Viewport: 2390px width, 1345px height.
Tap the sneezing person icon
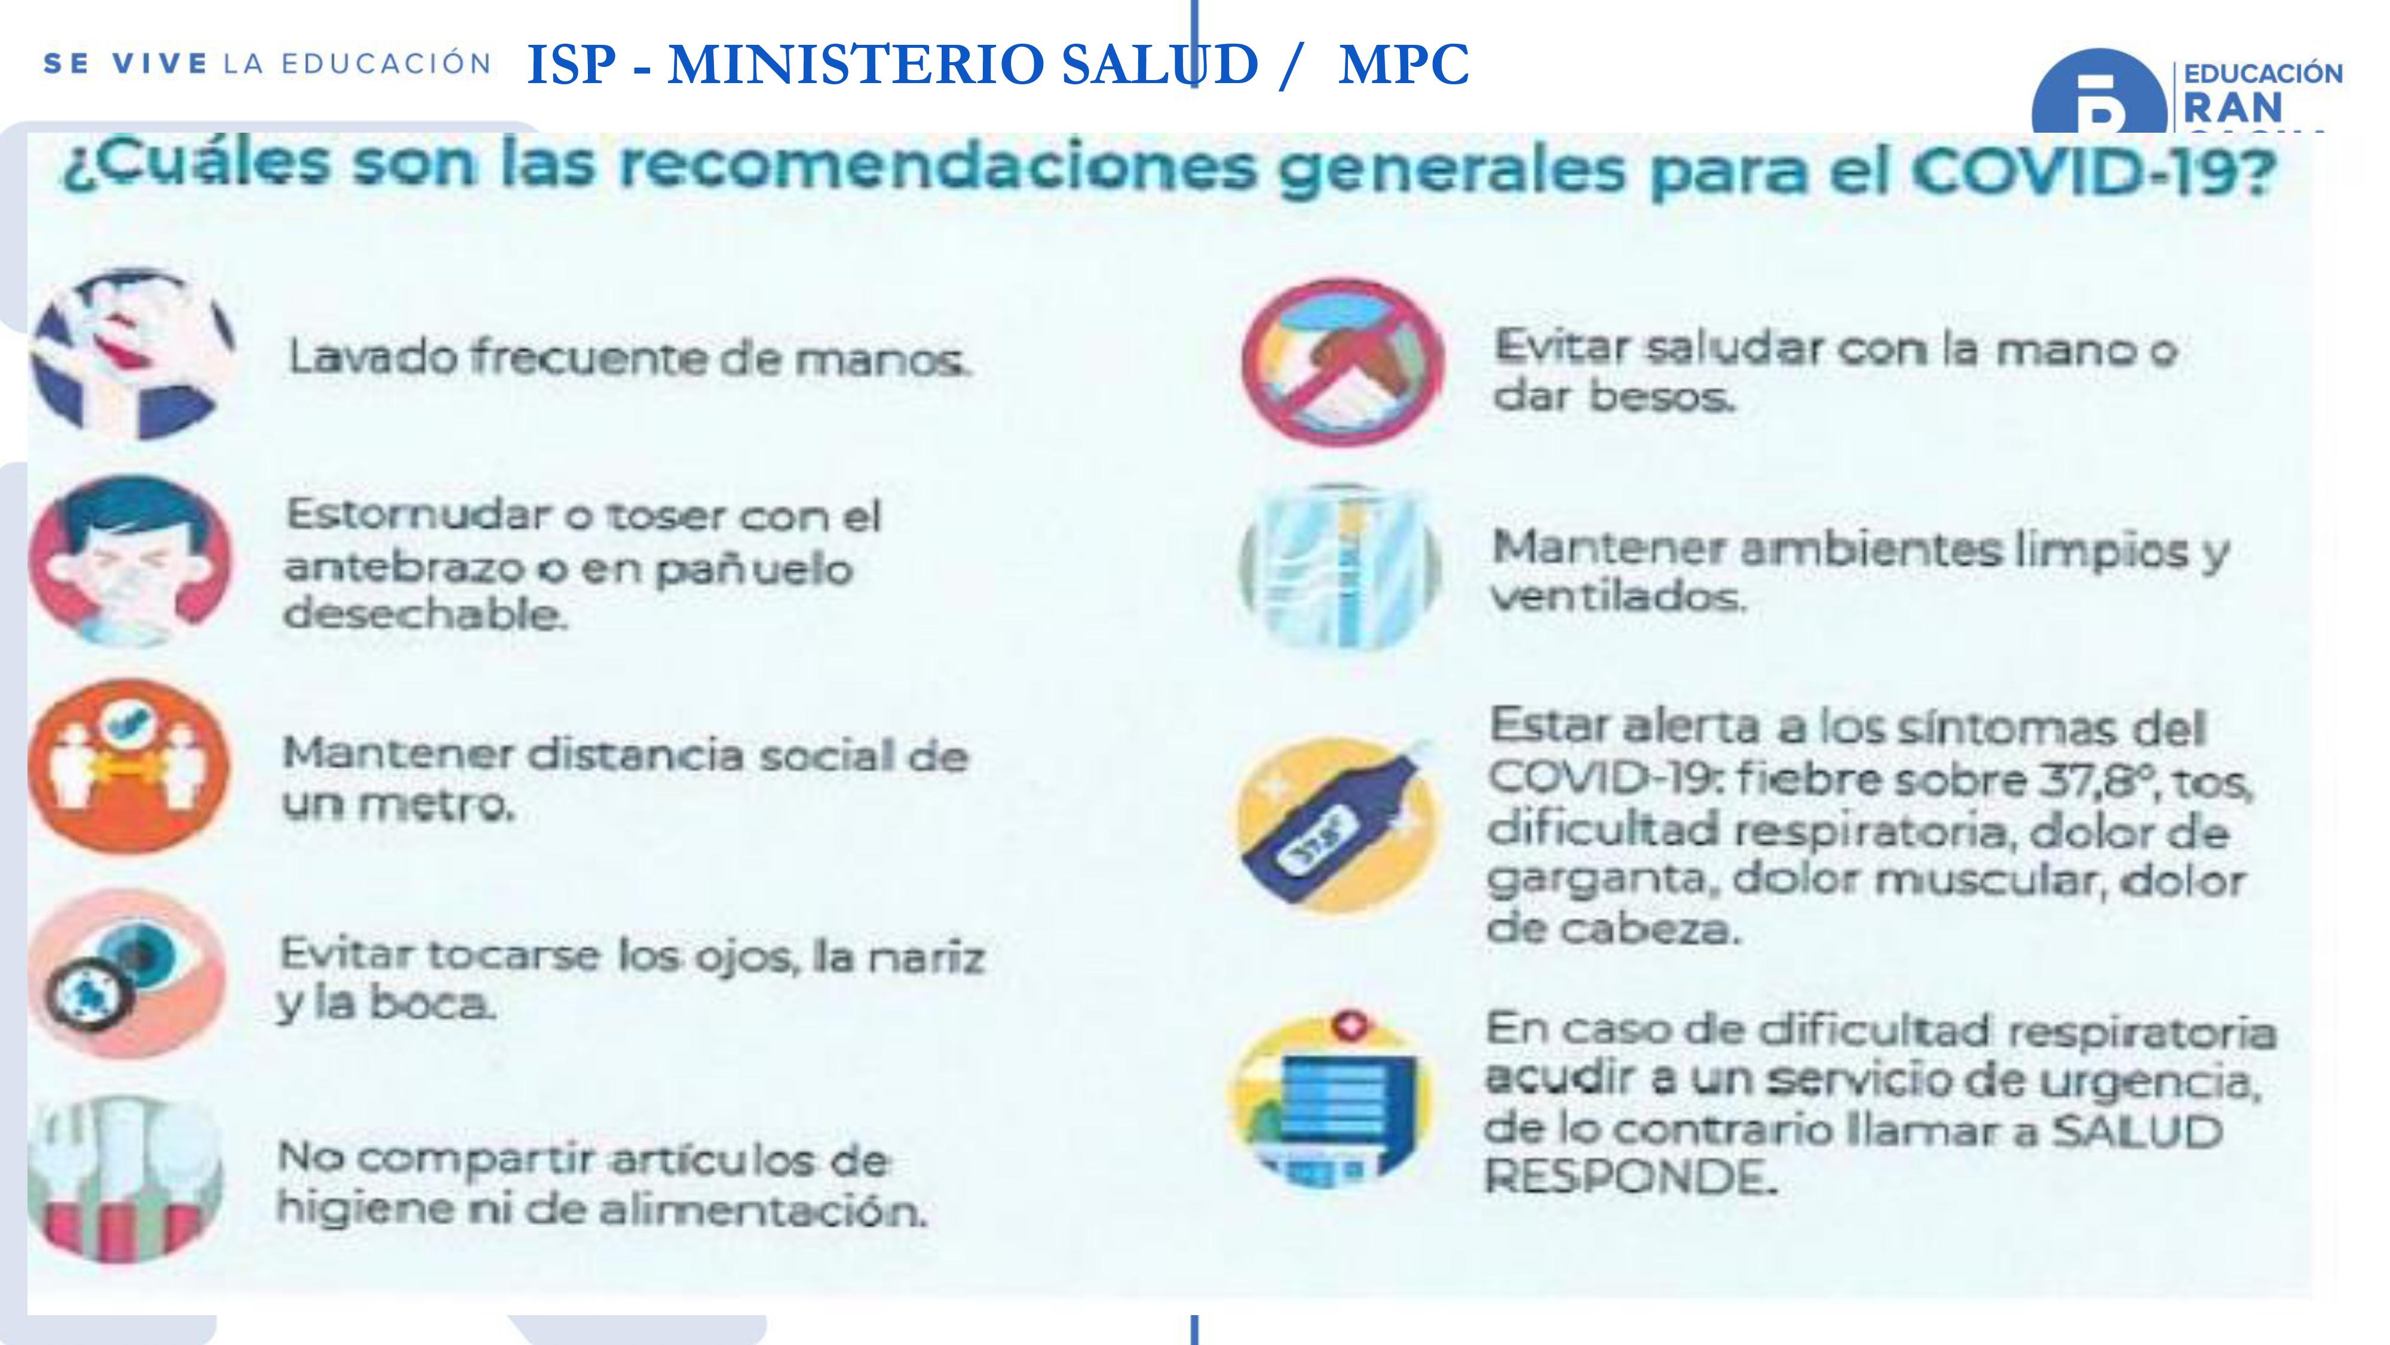coord(130,561)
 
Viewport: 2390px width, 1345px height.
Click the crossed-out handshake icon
coord(1343,362)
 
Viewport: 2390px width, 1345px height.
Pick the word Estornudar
coord(418,513)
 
